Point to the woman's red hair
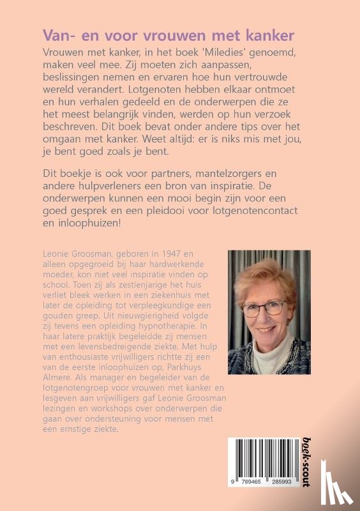268,275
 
